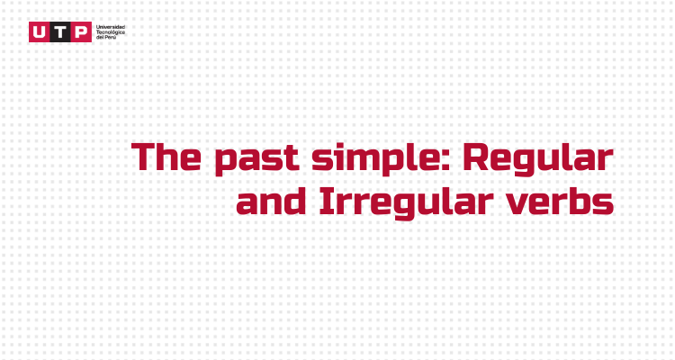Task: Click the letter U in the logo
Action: pyautogui.click(x=40, y=32)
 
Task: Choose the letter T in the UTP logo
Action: pyautogui.click(x=60, y=32)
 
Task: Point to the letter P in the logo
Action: pyautogui.click(x=81, y=32)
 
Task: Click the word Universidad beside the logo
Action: pyautogui.click(x=111, y=27)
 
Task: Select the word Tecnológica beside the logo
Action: pyautogui.click(x=111, y=32)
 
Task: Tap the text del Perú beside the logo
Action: pyautogui.click(x=105, y=38)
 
